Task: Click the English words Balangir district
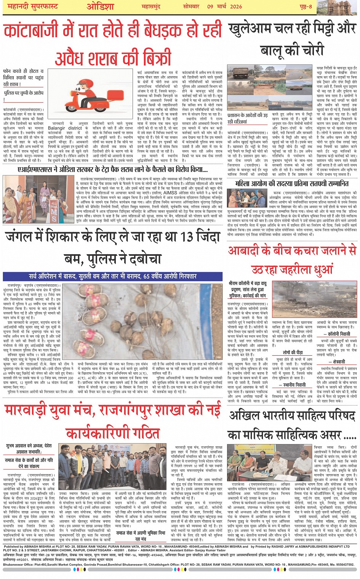[x=65, y=128]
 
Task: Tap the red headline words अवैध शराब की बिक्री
[x=113, y=59]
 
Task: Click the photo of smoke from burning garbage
[x=315, y=300]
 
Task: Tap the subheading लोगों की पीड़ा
[x=292, y=353]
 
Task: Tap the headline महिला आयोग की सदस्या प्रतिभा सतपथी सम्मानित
[x=292, y=183]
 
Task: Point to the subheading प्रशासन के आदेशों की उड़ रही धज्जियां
[x=247, y=118]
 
